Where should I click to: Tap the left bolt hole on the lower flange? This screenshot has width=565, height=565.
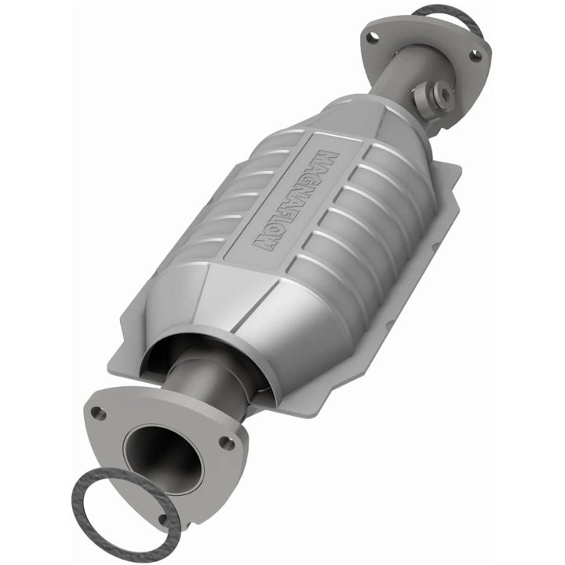(x=98, y=412)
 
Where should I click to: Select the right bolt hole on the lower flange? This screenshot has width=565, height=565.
(x=227, y=443)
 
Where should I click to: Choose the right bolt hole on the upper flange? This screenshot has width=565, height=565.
(x=475, y=55)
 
